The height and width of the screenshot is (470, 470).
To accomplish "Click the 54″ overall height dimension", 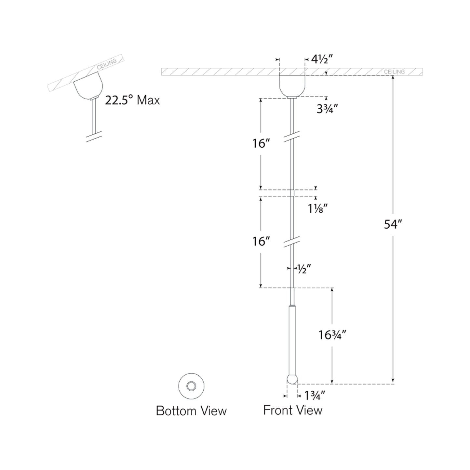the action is pos(393,224).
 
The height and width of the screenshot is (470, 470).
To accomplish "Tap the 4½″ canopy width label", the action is pos(322,59).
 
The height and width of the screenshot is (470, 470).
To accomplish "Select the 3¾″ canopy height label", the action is pos(328,109).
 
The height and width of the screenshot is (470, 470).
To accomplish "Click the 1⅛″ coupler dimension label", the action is pos(317,208).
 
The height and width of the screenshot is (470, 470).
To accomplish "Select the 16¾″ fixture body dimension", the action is pos(332,335).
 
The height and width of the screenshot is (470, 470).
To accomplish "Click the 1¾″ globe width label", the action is pos(315,396).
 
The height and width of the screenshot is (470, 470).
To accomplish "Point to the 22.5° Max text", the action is pos(132,100).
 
